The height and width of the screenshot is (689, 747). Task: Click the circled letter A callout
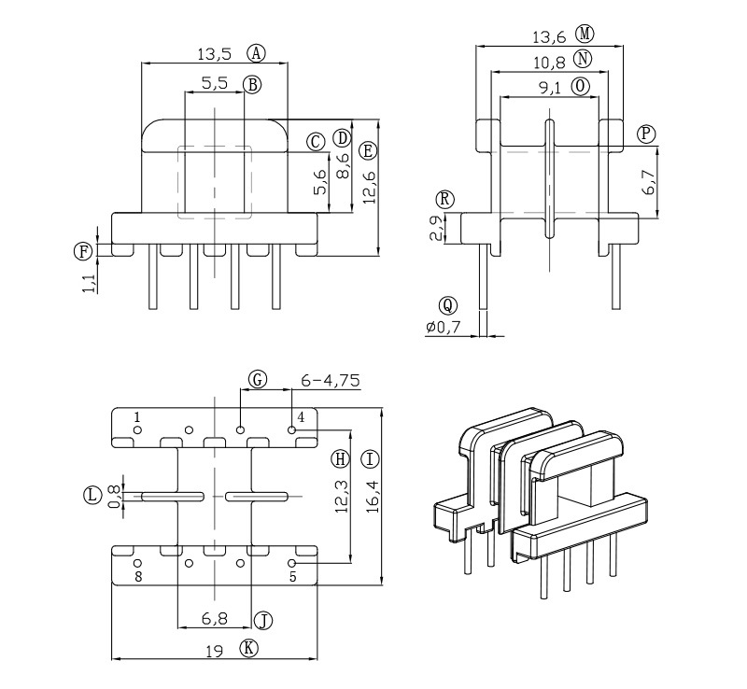coord(256,53)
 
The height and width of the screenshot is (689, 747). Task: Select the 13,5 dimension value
coord(216,53)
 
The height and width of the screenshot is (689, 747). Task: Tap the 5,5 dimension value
coord(214,83)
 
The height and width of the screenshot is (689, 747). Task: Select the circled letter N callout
coord(584,60)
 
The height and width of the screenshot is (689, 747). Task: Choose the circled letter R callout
coord(445,199)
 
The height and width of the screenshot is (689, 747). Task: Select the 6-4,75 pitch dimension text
coord(331,380)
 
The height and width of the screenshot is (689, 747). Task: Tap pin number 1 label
coord(137,416)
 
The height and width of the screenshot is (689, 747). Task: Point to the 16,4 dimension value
coord(370,497)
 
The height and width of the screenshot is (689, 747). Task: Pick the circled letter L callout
coord(92,495)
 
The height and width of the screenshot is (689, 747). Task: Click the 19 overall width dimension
coord(214,651)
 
